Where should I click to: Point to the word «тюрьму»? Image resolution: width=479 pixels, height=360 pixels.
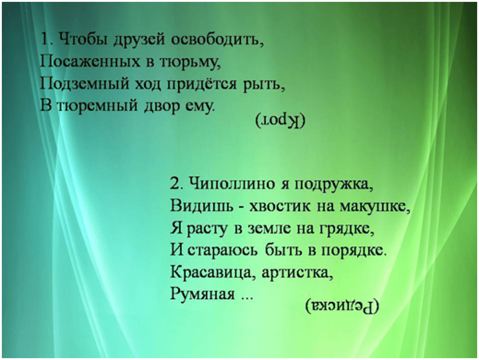tap(189, 63)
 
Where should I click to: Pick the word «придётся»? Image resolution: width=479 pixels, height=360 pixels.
tap(202, 84)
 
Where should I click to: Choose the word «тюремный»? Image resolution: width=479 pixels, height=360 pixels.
tap(97, 106)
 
